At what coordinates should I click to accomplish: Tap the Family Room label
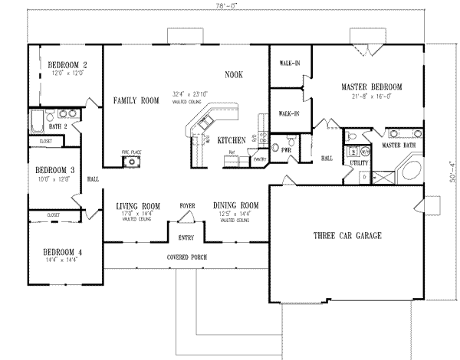136,100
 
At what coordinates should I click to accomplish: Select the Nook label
234,75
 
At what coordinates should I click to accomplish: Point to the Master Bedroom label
372,87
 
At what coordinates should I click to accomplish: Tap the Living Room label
138,206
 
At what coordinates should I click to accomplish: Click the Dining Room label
235,206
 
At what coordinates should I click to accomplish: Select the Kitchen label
231,141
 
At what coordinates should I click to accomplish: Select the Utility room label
358,163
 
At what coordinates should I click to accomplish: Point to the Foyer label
186,206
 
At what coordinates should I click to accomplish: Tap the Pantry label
258,159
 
